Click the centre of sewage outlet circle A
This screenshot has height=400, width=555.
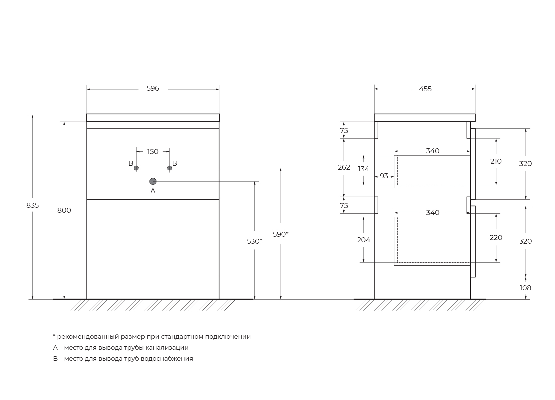[153, 181]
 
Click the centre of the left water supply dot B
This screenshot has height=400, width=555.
[136, 168]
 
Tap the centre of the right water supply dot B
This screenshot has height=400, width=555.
[169, 168]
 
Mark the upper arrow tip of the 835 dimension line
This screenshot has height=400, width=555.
[32, 115]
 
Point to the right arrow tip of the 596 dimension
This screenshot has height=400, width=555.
[219, 89]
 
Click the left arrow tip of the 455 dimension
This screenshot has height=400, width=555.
[375, 89]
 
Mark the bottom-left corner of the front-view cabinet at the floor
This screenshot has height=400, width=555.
[87, 299]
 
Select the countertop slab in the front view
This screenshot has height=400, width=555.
[153, 118]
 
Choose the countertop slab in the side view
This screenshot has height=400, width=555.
[425, 118]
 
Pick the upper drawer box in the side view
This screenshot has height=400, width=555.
[432, 172]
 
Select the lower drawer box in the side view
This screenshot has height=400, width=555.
[432, 241]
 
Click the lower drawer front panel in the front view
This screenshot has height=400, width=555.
[153, 241]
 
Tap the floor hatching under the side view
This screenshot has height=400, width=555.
[420, 305]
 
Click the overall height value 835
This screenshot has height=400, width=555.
[32, 205]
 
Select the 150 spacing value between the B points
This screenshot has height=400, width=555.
[152, 152]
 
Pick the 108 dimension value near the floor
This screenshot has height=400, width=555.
[525, 288]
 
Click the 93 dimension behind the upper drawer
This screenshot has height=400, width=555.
[384, 176]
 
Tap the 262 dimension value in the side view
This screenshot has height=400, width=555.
[344, 167]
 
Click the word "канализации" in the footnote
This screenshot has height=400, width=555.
[167, 348]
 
